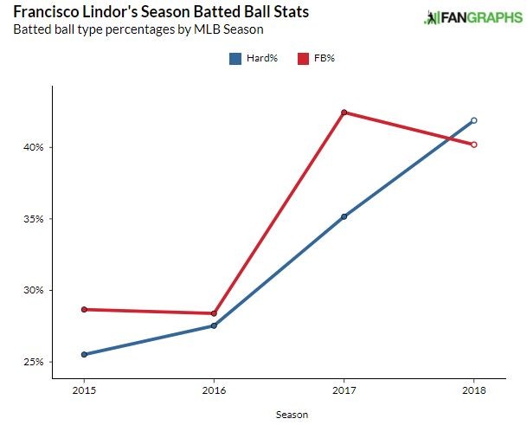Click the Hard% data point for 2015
(84, 354)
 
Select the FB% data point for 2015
(84, 309)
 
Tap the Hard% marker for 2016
(214, 325)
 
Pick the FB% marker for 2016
(214, 313)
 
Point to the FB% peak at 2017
(344, 113)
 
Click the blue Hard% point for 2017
(344, 216)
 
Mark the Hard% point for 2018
(473, 120)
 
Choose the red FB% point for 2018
(473, 145)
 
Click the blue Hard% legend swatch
(235, 59)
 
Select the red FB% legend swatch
(303, 59)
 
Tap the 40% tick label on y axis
(33, 148)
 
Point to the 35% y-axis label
(33, 219)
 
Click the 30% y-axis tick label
(33, 291)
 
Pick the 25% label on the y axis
(33, 362)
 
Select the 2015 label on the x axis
(84, 390)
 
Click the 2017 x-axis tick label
(344, 390)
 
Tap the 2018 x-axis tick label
(473, 390)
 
